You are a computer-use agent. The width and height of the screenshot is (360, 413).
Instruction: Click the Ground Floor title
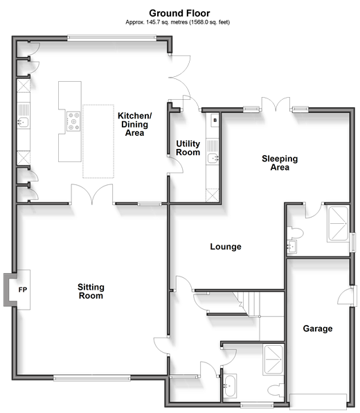coord(179,13)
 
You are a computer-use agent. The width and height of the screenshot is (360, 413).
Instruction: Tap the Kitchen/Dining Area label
coord(135,124)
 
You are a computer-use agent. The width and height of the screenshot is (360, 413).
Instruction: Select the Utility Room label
coord(188,148)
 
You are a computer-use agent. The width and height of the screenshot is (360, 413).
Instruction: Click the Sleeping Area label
coord(280,163)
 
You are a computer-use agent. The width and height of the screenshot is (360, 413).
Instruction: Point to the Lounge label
coord(226,247)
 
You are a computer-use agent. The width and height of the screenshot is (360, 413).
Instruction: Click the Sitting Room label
coord(91,291)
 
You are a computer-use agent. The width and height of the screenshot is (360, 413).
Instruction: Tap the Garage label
coord(318,328)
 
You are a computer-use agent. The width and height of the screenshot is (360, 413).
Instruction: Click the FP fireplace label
coord(23,290)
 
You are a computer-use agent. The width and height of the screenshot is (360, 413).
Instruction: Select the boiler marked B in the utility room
coord(215,121)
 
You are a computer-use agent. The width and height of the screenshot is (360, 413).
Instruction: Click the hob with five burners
coord(73,121)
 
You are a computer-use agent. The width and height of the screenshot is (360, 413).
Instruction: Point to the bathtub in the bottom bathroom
coord(230,386)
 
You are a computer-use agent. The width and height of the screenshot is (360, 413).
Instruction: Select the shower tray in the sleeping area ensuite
coord(338,224)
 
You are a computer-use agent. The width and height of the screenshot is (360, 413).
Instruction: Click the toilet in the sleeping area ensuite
coord(295,233)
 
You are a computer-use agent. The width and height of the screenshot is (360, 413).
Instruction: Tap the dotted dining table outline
coord(98,141)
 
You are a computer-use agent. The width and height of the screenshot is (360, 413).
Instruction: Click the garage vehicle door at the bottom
coord(318,401)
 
